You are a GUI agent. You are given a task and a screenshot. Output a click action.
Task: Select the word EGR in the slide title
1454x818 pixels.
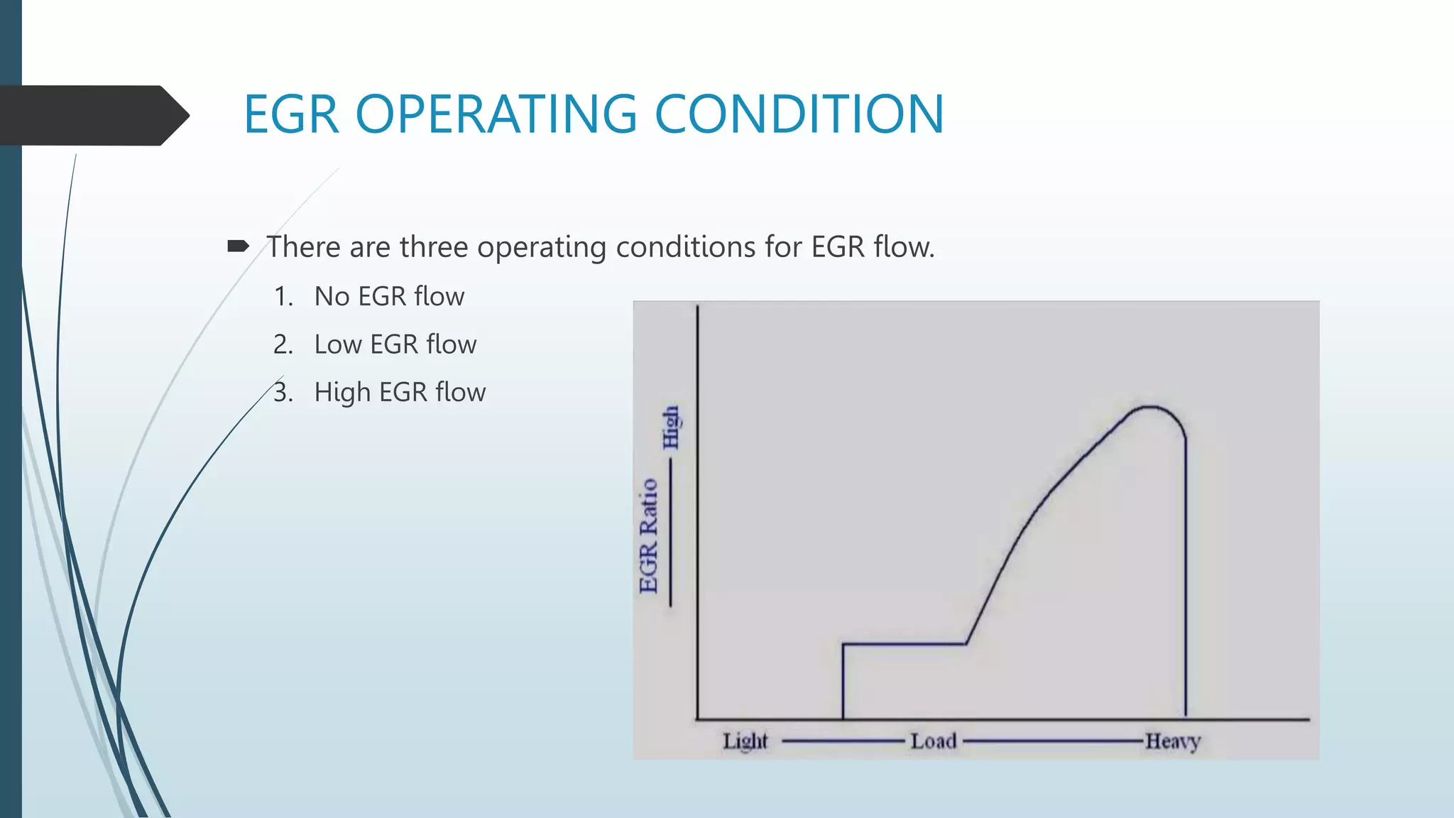tap(291, 114)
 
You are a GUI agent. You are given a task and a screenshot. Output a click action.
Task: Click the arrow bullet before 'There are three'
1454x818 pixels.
tap(238, 246)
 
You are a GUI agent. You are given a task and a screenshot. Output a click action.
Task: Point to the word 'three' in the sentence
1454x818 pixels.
tap(434, 247)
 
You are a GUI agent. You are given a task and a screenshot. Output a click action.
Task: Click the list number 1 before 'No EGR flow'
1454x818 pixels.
tap(283, 297)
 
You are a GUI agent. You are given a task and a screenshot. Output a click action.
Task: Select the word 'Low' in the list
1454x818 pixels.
tap(338, 344)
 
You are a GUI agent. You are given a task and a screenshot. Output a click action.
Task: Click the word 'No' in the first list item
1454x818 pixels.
tap(332, 297)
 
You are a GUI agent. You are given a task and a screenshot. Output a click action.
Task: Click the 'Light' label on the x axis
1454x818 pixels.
tap(745, 741)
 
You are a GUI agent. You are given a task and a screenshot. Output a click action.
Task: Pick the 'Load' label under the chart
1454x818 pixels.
tap(934, 741)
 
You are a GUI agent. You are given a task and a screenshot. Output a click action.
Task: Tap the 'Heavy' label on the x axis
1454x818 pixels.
tap(1172, 741)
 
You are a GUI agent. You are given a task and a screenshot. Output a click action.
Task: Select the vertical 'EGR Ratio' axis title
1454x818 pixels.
tap(649, 536)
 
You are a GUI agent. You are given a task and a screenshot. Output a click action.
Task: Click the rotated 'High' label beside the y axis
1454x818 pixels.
tap(671, 427)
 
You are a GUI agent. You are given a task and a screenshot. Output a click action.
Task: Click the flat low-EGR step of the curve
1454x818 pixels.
tap(903, 644)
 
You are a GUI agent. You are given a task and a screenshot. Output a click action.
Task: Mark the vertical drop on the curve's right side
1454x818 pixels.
tap(1186, 575)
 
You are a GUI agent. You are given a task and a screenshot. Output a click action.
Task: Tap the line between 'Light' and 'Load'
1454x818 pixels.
tap(843, 741)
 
